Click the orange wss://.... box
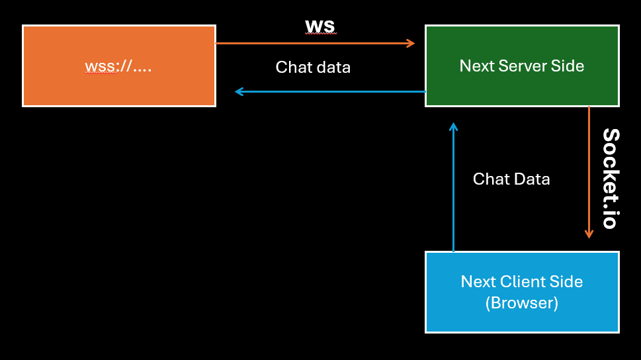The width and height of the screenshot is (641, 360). (x=119, y=66)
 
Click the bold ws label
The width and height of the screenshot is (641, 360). (x=320, y=25)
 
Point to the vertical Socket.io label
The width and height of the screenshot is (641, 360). (x=610, y=179)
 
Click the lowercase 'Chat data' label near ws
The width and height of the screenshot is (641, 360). (x=313, y=67)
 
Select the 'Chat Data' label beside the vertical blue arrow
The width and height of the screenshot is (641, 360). (x=511, y=179)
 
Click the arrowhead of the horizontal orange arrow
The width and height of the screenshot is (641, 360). (x=411, y=44)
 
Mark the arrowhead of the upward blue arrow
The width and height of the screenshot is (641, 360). (x=453, y=126)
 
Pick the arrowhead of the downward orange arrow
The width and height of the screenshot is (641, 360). (x=589, y=234)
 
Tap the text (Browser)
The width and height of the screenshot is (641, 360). (x=522, y=303)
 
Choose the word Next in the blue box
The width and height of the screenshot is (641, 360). (x=477, y=281)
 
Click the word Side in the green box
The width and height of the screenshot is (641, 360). (x=568, y=66)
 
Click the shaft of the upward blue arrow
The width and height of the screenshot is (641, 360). (x=453, y=192)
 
